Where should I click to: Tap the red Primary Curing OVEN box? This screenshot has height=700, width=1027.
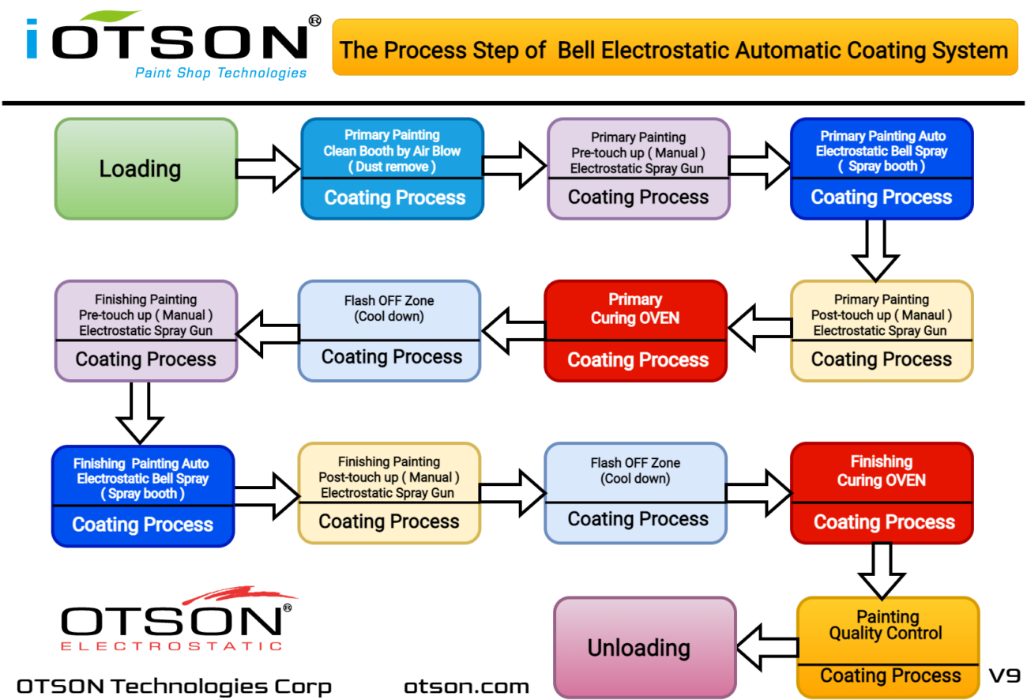pyautogui.click(x=635, y=330)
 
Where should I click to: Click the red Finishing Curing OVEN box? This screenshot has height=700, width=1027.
pyautogui.click(x=881, y=493)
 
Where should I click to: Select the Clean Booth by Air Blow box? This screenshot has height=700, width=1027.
pyautogui.click(x=392, y=168)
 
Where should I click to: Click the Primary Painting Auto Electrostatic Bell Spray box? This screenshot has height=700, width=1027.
pyautogui.click(x=881, y=168)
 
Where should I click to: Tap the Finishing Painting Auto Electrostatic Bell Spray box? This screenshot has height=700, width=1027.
pyautogui.click(x=142, y=496)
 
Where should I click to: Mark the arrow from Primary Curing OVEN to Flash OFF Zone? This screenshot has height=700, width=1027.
pyautogui.click(x=513, y=330)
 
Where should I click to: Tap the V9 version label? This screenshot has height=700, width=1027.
pyautogui.click(x=1005, y=676)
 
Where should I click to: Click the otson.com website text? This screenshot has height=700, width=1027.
pyautogui.click(x=466, y=685)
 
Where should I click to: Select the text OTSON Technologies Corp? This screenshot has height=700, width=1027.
pyautogui.click(x=174, y=685)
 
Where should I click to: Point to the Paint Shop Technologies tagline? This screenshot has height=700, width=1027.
pyautogui.click(x=220, y=73)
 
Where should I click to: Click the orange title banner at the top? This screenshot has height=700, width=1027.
pyautogui.click(x=674, y=50)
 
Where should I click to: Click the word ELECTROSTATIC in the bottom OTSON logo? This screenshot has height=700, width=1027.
pyautogui.click(x=171, y=645)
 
